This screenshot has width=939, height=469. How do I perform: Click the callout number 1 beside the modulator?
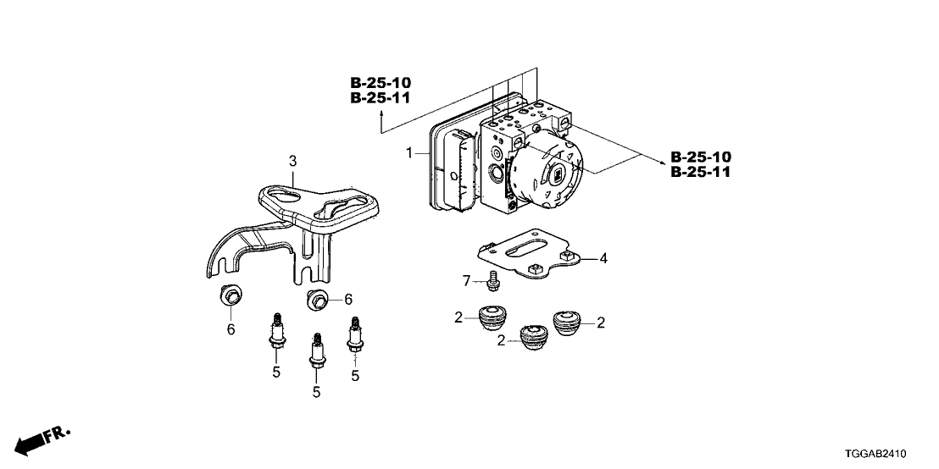408,154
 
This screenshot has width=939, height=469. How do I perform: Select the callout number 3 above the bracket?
293,160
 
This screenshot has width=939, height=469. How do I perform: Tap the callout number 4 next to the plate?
603,258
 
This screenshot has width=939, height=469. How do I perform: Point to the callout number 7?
465,280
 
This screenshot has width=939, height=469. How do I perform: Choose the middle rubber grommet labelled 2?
532,336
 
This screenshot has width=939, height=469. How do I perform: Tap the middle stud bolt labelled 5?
317,352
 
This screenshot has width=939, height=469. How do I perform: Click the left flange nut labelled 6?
230,295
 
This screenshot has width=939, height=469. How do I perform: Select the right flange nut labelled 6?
318,299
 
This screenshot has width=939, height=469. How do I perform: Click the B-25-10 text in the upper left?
381,82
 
